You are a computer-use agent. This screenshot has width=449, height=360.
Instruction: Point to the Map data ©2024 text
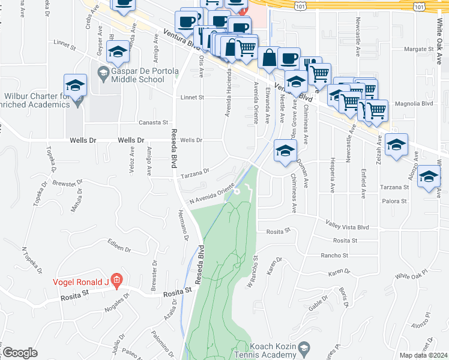tap(423, 355)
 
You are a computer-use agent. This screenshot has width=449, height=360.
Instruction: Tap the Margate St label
tap(418, 49)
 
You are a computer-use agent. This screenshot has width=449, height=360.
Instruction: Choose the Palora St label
tap(396, 202)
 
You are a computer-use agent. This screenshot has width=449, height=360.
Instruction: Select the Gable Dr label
tap(317, 305)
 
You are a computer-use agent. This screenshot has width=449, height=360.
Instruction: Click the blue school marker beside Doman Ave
tap(285, 151)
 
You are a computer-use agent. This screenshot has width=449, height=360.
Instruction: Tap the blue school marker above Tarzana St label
tap(429, 176)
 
